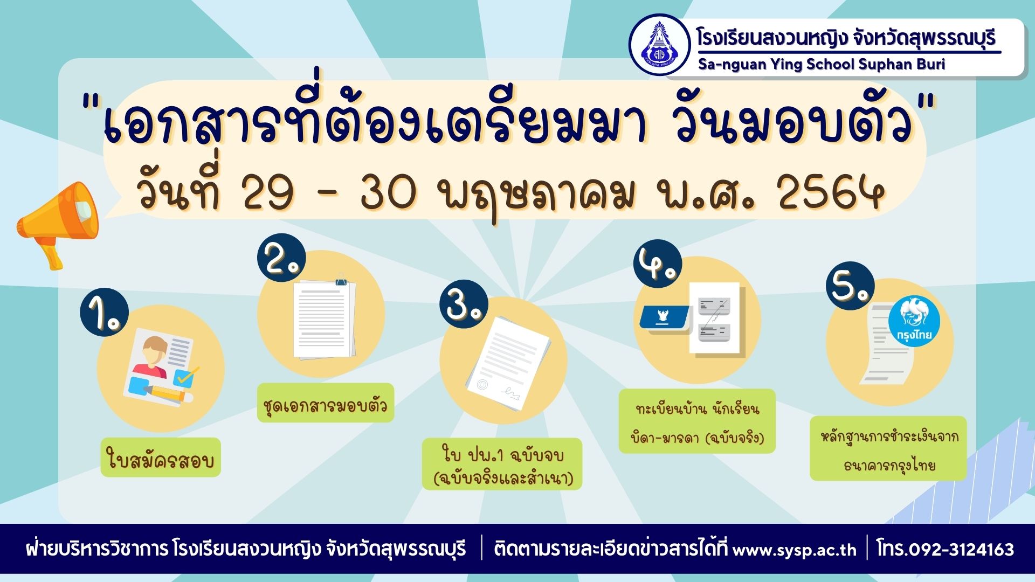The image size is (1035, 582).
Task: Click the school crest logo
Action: [660, 45]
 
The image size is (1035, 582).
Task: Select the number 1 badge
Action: [105, 313]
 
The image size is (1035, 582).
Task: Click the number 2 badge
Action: [281, 258]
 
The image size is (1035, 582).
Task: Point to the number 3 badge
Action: [464, 304]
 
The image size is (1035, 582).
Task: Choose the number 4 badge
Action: [658, 264]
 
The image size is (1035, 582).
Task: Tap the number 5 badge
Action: [850, 286]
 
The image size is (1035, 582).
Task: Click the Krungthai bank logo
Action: [914, 322]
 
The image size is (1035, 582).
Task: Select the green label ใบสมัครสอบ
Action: [161, 458]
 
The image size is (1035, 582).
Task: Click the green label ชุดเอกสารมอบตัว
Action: [326, 403]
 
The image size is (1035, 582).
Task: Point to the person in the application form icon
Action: [153, 358]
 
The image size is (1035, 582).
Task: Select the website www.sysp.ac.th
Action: [794, 550]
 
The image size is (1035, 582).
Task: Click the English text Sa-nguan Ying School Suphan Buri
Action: [822, 64]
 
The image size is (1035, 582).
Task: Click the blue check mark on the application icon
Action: [186, 376]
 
